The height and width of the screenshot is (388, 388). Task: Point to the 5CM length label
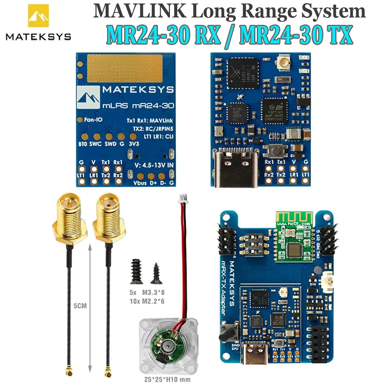[81, 306]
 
